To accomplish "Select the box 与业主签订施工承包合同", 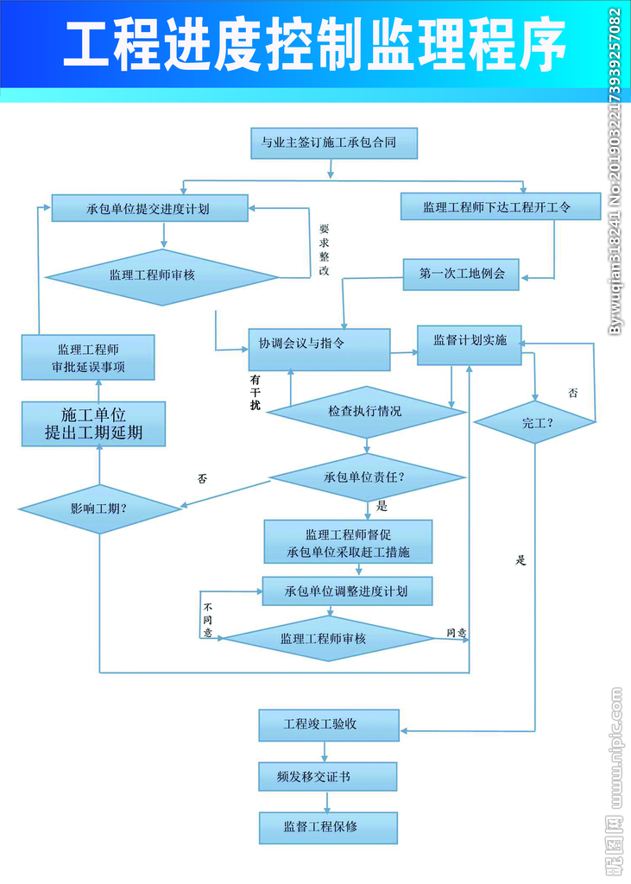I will [x=329, y=142].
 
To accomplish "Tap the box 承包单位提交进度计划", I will [x=148, y=208].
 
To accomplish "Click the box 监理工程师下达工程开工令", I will [x=501, y=207].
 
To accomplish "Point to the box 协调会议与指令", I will [x=319, y=350].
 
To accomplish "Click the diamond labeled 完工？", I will [x=535, y=422].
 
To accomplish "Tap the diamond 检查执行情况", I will [x=366, y=411].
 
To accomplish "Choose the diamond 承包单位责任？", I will [x=366, y=477].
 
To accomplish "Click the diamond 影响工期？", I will [x=100, y=508].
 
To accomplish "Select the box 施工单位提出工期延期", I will [x=94, y=424].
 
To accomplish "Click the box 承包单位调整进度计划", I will [x=347, y=591].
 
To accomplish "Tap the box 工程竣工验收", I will [x=329, y=724].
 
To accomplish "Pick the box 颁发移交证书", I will [x=328, y=776].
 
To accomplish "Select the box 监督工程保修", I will [x=328, y=827].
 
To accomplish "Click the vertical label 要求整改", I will [x=324, y=250].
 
